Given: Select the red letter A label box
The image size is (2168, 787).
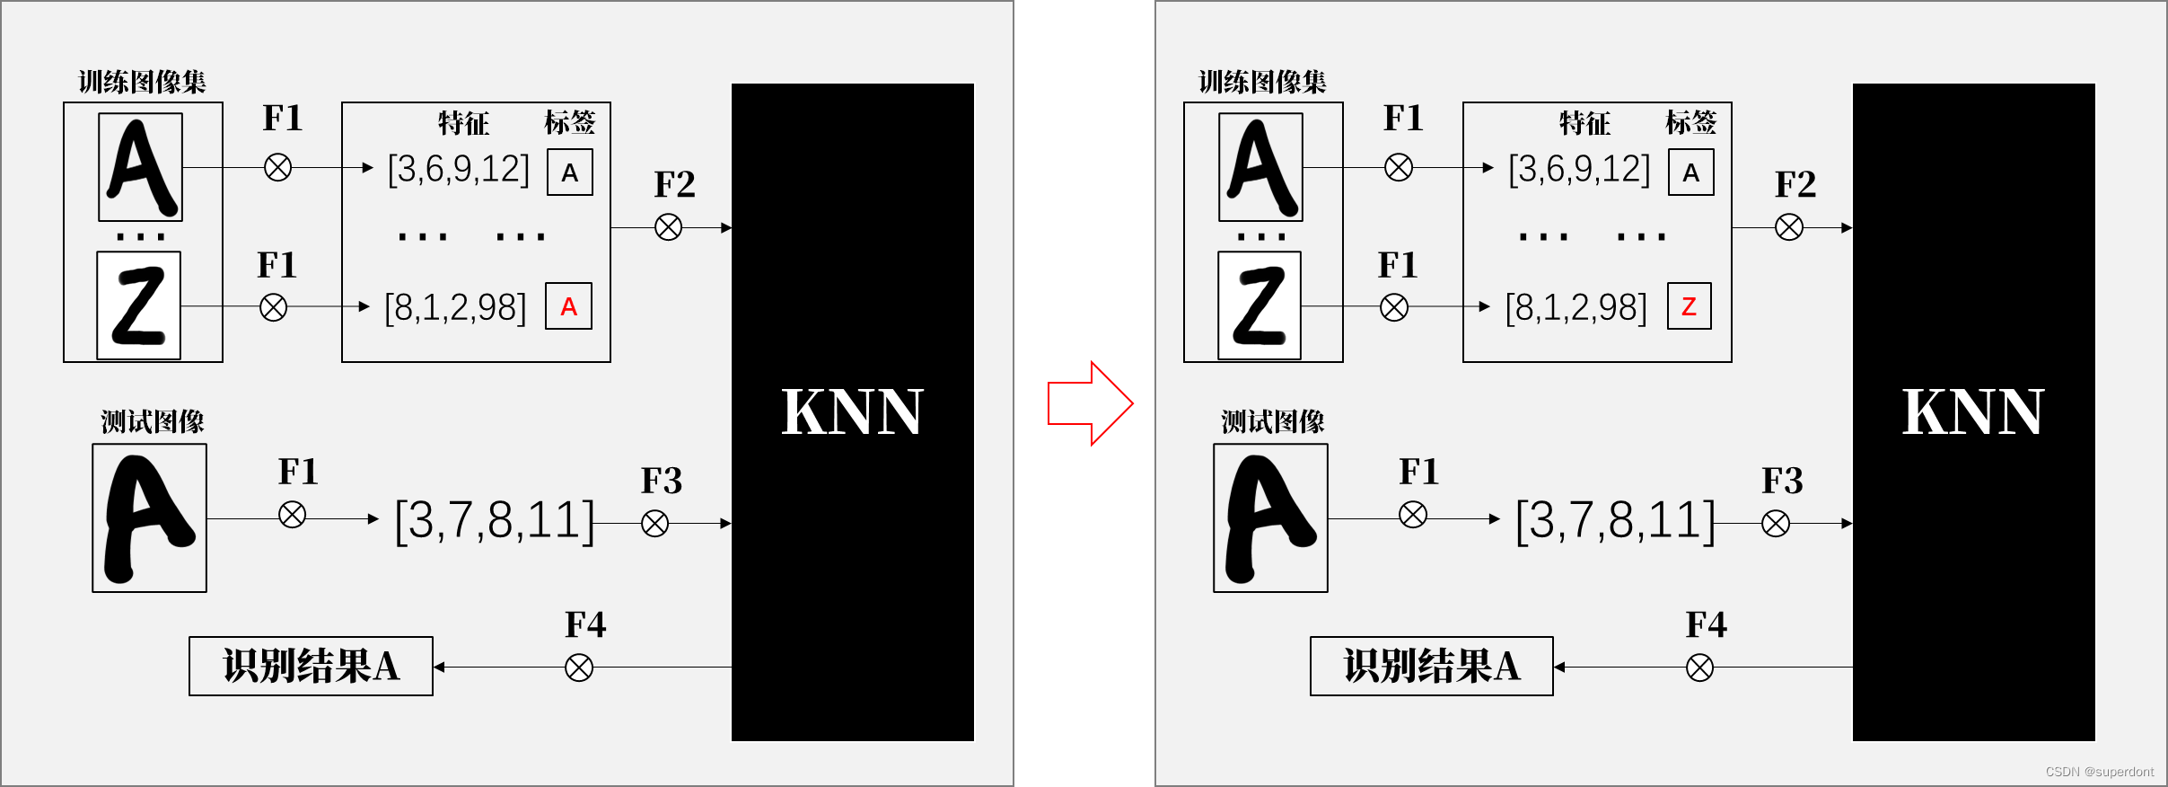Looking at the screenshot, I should [x=569, y=306].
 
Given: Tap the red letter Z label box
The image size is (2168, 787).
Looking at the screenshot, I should [x=1689, y=306].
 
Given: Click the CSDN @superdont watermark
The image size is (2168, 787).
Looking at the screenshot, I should [x=2099, y=772].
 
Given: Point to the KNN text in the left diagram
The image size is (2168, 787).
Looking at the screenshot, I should [x=852, y=412].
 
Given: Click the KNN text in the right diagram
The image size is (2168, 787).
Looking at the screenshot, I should [x=1972, y=412].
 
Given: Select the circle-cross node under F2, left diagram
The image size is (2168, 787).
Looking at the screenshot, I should [x=668, y=227].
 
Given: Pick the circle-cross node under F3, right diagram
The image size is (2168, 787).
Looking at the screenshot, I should [x=1776, y=523].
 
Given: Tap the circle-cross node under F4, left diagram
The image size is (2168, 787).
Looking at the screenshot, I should [x=579, y=668].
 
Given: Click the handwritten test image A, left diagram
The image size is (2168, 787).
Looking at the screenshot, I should [x=150, y=518].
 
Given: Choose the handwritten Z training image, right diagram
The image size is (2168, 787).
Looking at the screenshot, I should [x=1260, y=305].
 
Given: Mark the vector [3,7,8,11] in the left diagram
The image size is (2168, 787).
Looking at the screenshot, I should [x=495, y=520].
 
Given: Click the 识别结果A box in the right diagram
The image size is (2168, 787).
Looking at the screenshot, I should [x=1432, y=667].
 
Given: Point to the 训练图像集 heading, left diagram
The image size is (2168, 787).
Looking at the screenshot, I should [x=142, y=83].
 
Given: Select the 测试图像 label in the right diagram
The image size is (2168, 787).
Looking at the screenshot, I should [x=1272, y=421].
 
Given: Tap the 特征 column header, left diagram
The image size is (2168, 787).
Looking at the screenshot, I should [x=463, y=123].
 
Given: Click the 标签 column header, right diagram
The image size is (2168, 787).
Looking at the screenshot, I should [x=1690, y=122].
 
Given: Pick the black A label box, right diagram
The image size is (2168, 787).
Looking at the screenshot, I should [x=1690, y=172].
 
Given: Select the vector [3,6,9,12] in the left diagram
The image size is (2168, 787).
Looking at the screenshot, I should [x=458, y=169].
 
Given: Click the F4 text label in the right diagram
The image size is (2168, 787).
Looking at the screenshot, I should [x=1706, y=624].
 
